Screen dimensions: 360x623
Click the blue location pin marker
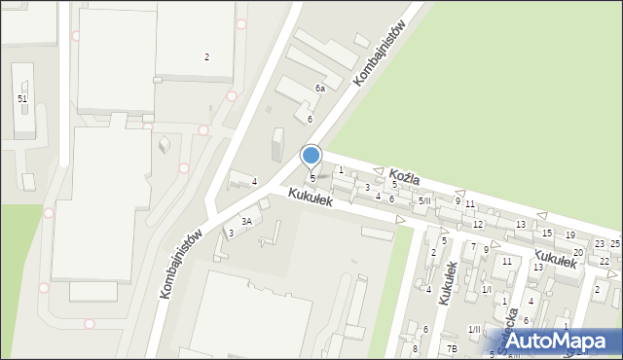(311, 155)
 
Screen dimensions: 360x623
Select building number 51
(21, 99)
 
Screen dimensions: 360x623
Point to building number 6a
(319, 89)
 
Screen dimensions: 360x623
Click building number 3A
(247, 221)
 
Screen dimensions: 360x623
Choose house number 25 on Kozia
(615, 242)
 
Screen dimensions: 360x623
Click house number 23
(600, 243)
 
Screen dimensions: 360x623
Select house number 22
(605, 261)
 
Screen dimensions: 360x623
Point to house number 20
(577, 252)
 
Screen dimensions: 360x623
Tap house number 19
(569, 235)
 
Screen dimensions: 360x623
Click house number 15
(547, 233)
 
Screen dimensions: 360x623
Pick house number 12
(478, 224)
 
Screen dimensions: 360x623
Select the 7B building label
(452, 348)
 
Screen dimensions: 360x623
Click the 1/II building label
(474, 330)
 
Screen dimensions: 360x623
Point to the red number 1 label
(341, 170)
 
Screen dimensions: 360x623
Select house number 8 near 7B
(415, 347)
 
